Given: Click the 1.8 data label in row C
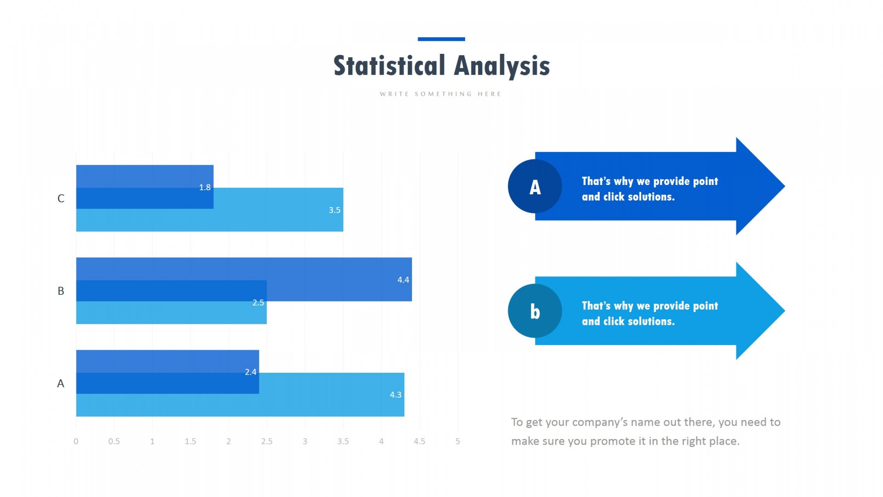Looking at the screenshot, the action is click(205, 187).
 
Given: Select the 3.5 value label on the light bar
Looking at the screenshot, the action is click(334, 210).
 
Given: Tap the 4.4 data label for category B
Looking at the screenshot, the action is click(403, 280).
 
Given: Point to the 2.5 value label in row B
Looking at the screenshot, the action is click(258, 303).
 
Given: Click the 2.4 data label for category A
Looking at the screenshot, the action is click(251, 372).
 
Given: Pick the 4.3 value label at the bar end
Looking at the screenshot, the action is click(396, 395).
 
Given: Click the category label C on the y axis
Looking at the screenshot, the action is click(61, 198).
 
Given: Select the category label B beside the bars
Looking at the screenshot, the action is click(61, 291).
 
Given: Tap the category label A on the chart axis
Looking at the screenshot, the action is click(61, 383).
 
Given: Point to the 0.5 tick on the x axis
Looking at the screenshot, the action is click(114, 441).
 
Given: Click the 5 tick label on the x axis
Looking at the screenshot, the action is click(458, 441).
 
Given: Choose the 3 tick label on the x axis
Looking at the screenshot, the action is click(305, 441).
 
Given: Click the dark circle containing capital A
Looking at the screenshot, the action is click(535, 186).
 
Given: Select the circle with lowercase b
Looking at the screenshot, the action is click(535, 311).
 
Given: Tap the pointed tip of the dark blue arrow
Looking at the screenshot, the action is click(785, 186).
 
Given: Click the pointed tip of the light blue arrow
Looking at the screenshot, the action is click(785, 311).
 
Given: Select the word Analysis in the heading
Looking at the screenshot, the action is click(502, 66).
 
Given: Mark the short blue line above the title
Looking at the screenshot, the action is click(441, 39).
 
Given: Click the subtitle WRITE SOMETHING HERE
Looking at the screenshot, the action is click(441, 94).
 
